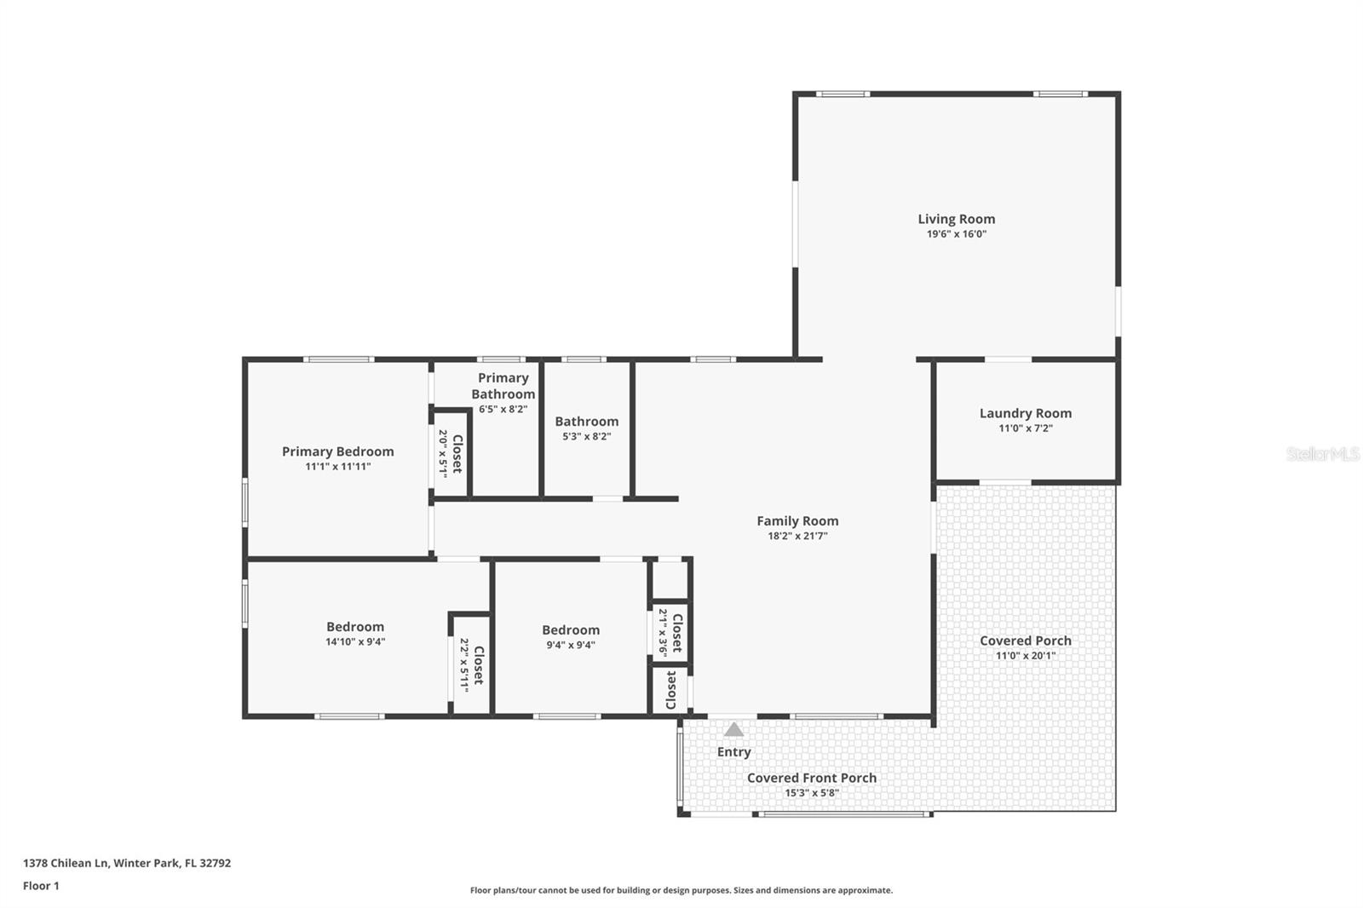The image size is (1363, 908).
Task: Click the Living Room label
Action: pyautogui.click(x=956, y=219)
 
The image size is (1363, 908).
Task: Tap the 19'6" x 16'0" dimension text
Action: pyautogui.click(x=956, y=234)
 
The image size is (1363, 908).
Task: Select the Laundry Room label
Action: pyautogui.click(x=1025, y=413)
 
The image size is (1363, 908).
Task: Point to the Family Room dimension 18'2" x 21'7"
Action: pyautogui.click(x=797, y=537)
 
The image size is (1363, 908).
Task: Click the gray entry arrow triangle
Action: pyautogui.click(x=733, y=730)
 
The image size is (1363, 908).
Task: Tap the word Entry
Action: pyautogui.click(x=733, y=752)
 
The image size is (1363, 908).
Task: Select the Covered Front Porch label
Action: pyautogui.click(x=811, y=778)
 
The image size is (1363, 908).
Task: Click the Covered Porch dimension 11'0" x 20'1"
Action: pyautogui.click(x=1025, y=656)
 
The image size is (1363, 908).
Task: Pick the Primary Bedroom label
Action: pyautogui.click(x=337, y=451)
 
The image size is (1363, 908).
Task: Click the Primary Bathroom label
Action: pyautogui.click(x=503, y=386)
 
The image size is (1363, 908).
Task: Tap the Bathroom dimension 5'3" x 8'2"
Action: pyautogui.click(x=586, y=436)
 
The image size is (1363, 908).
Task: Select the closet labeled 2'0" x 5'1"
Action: pyautogui.click(x=451, y=453)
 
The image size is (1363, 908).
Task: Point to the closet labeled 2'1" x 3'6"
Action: pyautogui.click(x=670, y=632)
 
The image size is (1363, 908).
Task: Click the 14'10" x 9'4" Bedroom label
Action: pyautogui.click(x=355, y=627)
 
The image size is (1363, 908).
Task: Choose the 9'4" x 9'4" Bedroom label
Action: pyautogui.click(x=571, y=630)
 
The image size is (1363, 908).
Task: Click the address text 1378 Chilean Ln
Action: pyautogui.click(x=66, y=863)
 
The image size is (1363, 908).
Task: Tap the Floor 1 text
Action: pyautogui.click(x=41, y=886)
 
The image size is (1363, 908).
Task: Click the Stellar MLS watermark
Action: pyautogui.click(x=1322, y=454)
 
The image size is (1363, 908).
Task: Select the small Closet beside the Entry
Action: pyautogui.click(x=670, y=690)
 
